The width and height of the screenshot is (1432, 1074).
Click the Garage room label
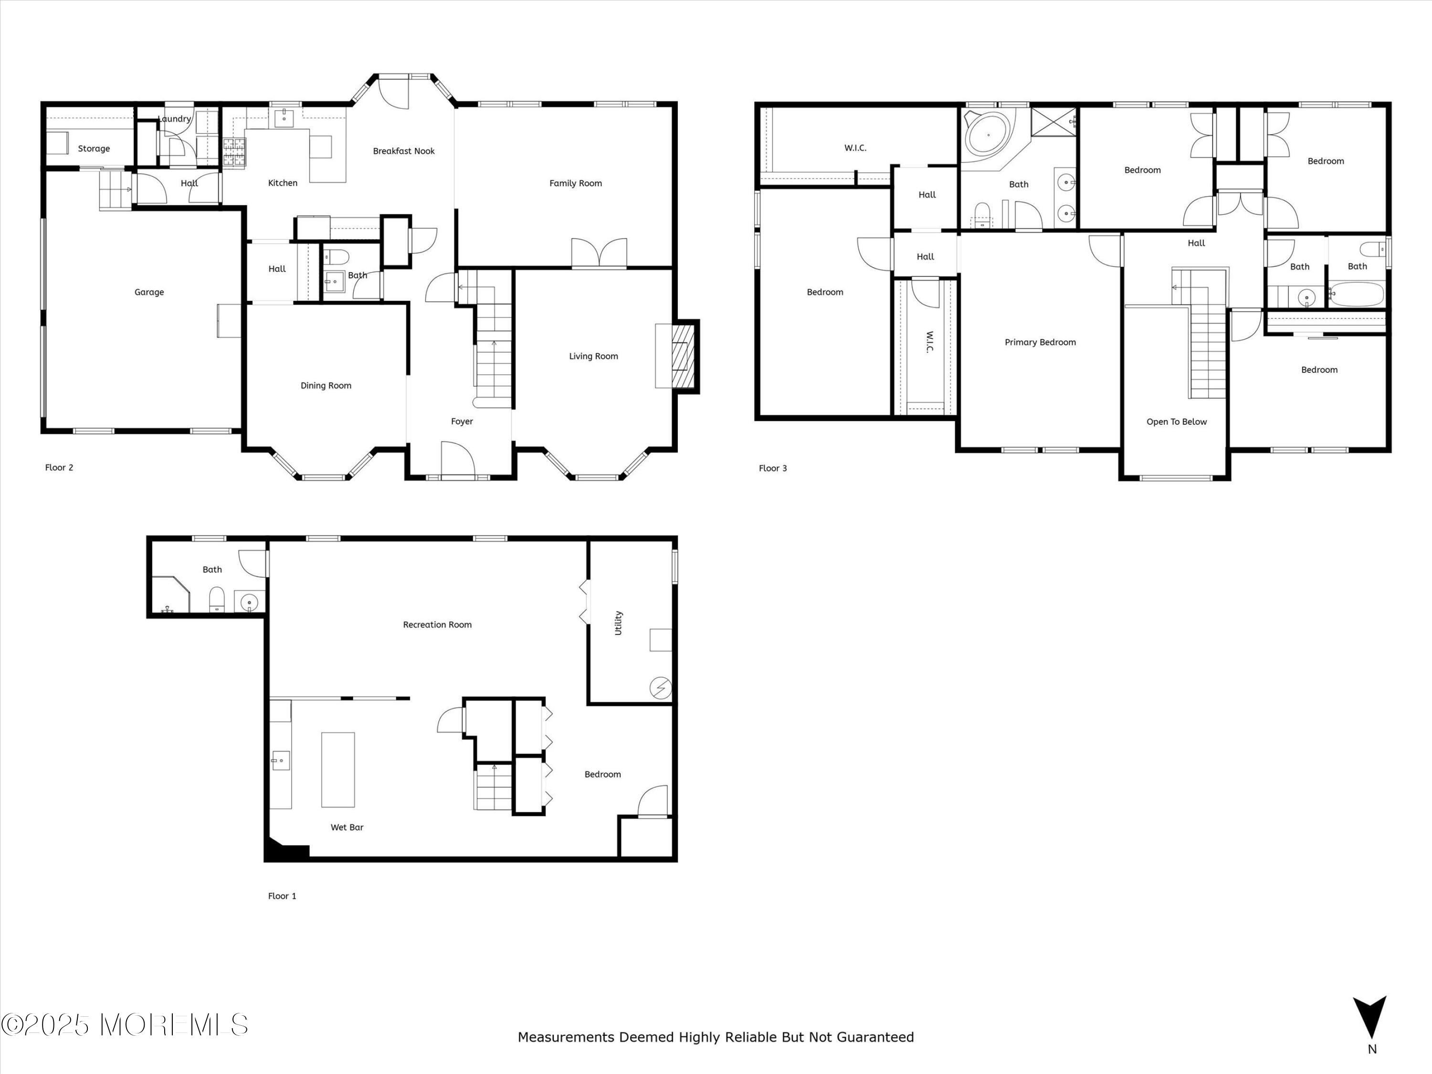[x=149, y=292]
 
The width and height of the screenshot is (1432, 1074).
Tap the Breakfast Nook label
[x=404, y=151]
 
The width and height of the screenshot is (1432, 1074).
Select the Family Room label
[x=576, y=183]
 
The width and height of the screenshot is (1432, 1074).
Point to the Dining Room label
[x=326, y=386]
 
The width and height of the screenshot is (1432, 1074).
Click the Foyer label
[x=462, y=421]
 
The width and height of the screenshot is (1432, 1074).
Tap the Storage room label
[x=94, y=149]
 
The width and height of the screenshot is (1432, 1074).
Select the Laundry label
[x=174, y=119]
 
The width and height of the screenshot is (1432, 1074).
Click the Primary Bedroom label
[x=1040, y=342]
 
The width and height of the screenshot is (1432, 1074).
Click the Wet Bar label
[x=347, y=827]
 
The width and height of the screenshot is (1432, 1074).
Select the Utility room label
[x=618, y=623]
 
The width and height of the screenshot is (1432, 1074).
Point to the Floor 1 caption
[x=282, y=896]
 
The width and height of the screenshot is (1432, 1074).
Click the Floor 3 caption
[x=773, y=468]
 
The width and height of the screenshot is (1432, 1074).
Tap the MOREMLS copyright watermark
[x=124, y=1025]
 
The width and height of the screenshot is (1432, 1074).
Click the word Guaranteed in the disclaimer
[x=875, y=1038]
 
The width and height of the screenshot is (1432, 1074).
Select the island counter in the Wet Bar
[x=338, y=770]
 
